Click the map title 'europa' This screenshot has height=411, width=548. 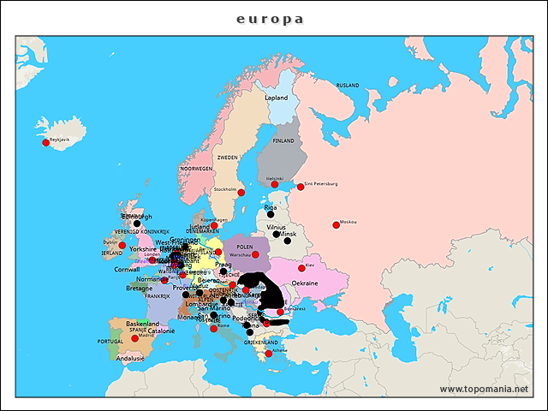[x=270, y=19]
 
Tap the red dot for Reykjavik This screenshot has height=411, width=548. [x=45, y=143]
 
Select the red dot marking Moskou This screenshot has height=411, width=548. [x=336, y=225]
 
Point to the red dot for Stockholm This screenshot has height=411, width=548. [x=241, y=193]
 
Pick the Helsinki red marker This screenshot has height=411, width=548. [x=275, y=184]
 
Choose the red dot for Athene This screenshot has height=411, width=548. [x=268, y=353]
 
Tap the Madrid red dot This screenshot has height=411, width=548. [x=134, y=338]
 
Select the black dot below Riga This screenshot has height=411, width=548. [x=271, y=215]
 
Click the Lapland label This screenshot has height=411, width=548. [x=277, y=98]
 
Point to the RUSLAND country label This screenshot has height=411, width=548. [x=348, y=86]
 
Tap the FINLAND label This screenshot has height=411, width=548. [x=283, y=140]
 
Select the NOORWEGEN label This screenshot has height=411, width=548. [x=196, y=169]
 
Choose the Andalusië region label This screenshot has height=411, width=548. [x=129, y=358]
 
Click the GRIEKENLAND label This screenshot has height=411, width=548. [x=260, y=342]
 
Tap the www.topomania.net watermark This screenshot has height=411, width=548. [x=484, y=389]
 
